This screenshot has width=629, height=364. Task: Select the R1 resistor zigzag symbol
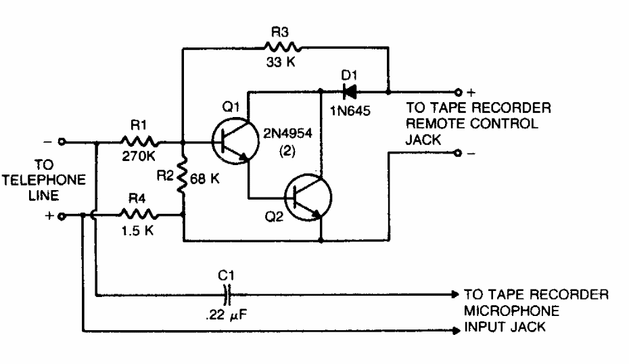pos(139,143)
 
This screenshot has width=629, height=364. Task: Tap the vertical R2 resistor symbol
pos(183,179)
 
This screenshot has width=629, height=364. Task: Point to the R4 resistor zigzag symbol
pos(139,216)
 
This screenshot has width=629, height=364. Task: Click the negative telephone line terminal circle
pos(62,143)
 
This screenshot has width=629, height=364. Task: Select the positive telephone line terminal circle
pos(62,217)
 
